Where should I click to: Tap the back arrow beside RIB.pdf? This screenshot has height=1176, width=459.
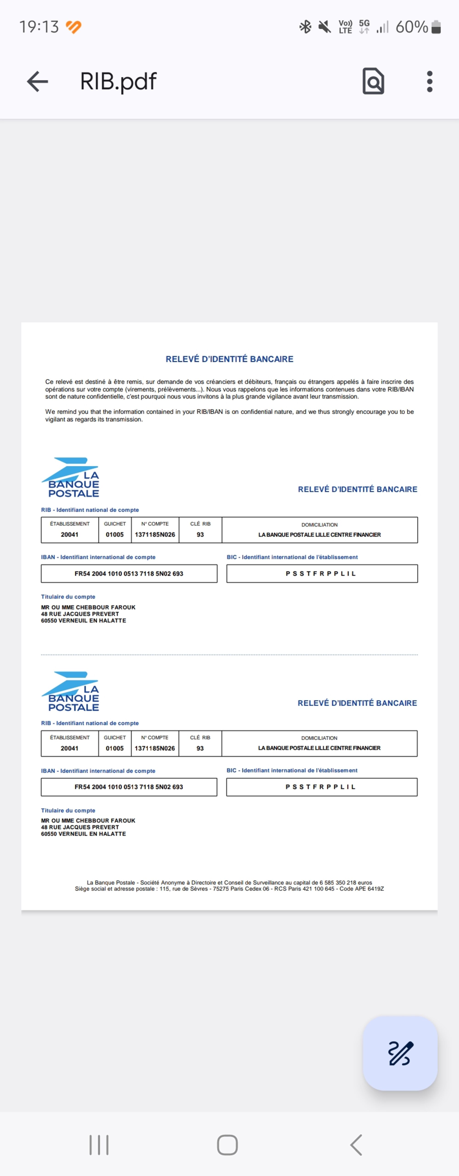pyautogui.click(x=37, y=82)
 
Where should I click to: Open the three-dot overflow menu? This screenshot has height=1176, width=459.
pyautogui.click(x=429, y=82)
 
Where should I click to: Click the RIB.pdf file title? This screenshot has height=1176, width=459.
pyautogui.click(x=118, y=82)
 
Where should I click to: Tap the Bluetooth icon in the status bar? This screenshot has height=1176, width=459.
pyautogui.click(x=305, y=27)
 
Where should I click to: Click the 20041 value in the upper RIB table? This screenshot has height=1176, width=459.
pyautogui.click(x=69, y=535)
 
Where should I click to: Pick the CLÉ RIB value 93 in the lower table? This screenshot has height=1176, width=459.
pyautogui.click(x=200, y=748)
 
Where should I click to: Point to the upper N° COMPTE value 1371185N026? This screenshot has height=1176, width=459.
pyautogui.click(x=155, y=535)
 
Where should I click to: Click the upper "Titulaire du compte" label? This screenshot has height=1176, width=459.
pyautogui.click(x=68, y=597)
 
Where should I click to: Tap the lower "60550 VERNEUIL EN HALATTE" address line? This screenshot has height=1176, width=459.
pyautogui.click(x=84, y=834)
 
